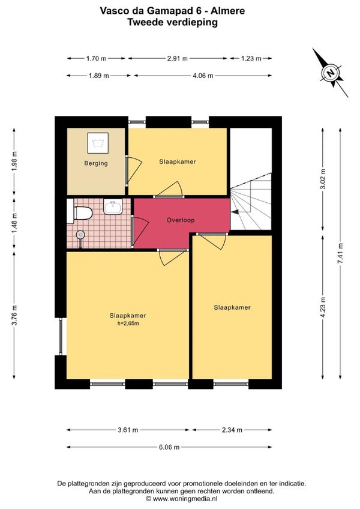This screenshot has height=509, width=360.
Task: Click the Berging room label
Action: [x=96, y=163]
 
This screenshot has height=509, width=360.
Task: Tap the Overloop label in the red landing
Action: [x=181, y=220]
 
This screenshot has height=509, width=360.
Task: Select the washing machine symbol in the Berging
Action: [x=98, y=143]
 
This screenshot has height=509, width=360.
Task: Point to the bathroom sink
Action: [x=113, y=206]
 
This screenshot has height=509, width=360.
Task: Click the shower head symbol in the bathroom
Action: [x=80, y=235]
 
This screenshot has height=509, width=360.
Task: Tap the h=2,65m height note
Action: [x=128, y=324]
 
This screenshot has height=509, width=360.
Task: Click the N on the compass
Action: [x=331, y=73]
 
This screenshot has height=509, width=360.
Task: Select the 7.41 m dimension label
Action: [x=340, y=253]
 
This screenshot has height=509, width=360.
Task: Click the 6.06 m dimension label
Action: [x=169, y=447]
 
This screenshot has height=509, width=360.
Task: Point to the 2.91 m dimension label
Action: [x=177, y=59]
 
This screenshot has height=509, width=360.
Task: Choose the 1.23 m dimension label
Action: [x=251, y=59]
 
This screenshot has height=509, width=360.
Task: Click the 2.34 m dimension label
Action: [x=232, y=430]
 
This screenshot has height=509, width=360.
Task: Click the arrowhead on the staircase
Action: [x=235, y=212]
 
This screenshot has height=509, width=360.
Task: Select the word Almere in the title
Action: [x=228, y=11]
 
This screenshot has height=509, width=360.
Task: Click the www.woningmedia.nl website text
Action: [x=185, y=499]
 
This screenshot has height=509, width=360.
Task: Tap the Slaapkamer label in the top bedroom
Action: [x=177, y=161]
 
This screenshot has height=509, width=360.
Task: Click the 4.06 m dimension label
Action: [x=203, y=76]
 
